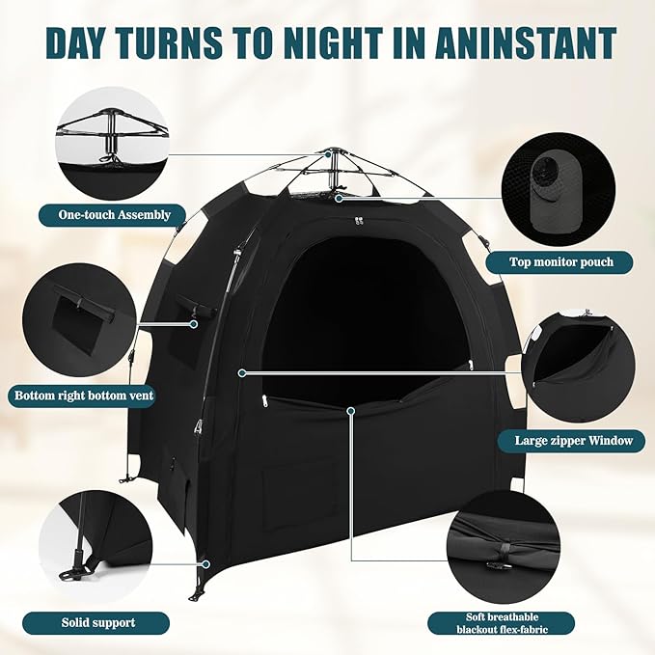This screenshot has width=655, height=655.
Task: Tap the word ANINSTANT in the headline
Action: point(519,42)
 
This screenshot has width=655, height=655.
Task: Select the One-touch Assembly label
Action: point(106,214)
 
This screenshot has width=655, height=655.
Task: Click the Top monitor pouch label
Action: point(559,261)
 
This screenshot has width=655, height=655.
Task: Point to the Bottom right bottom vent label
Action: point(84,396)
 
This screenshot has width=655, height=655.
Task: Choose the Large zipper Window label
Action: point(566,441)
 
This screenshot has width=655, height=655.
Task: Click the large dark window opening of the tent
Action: point(362,318)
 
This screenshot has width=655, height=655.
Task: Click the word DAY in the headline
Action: point(89,42)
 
